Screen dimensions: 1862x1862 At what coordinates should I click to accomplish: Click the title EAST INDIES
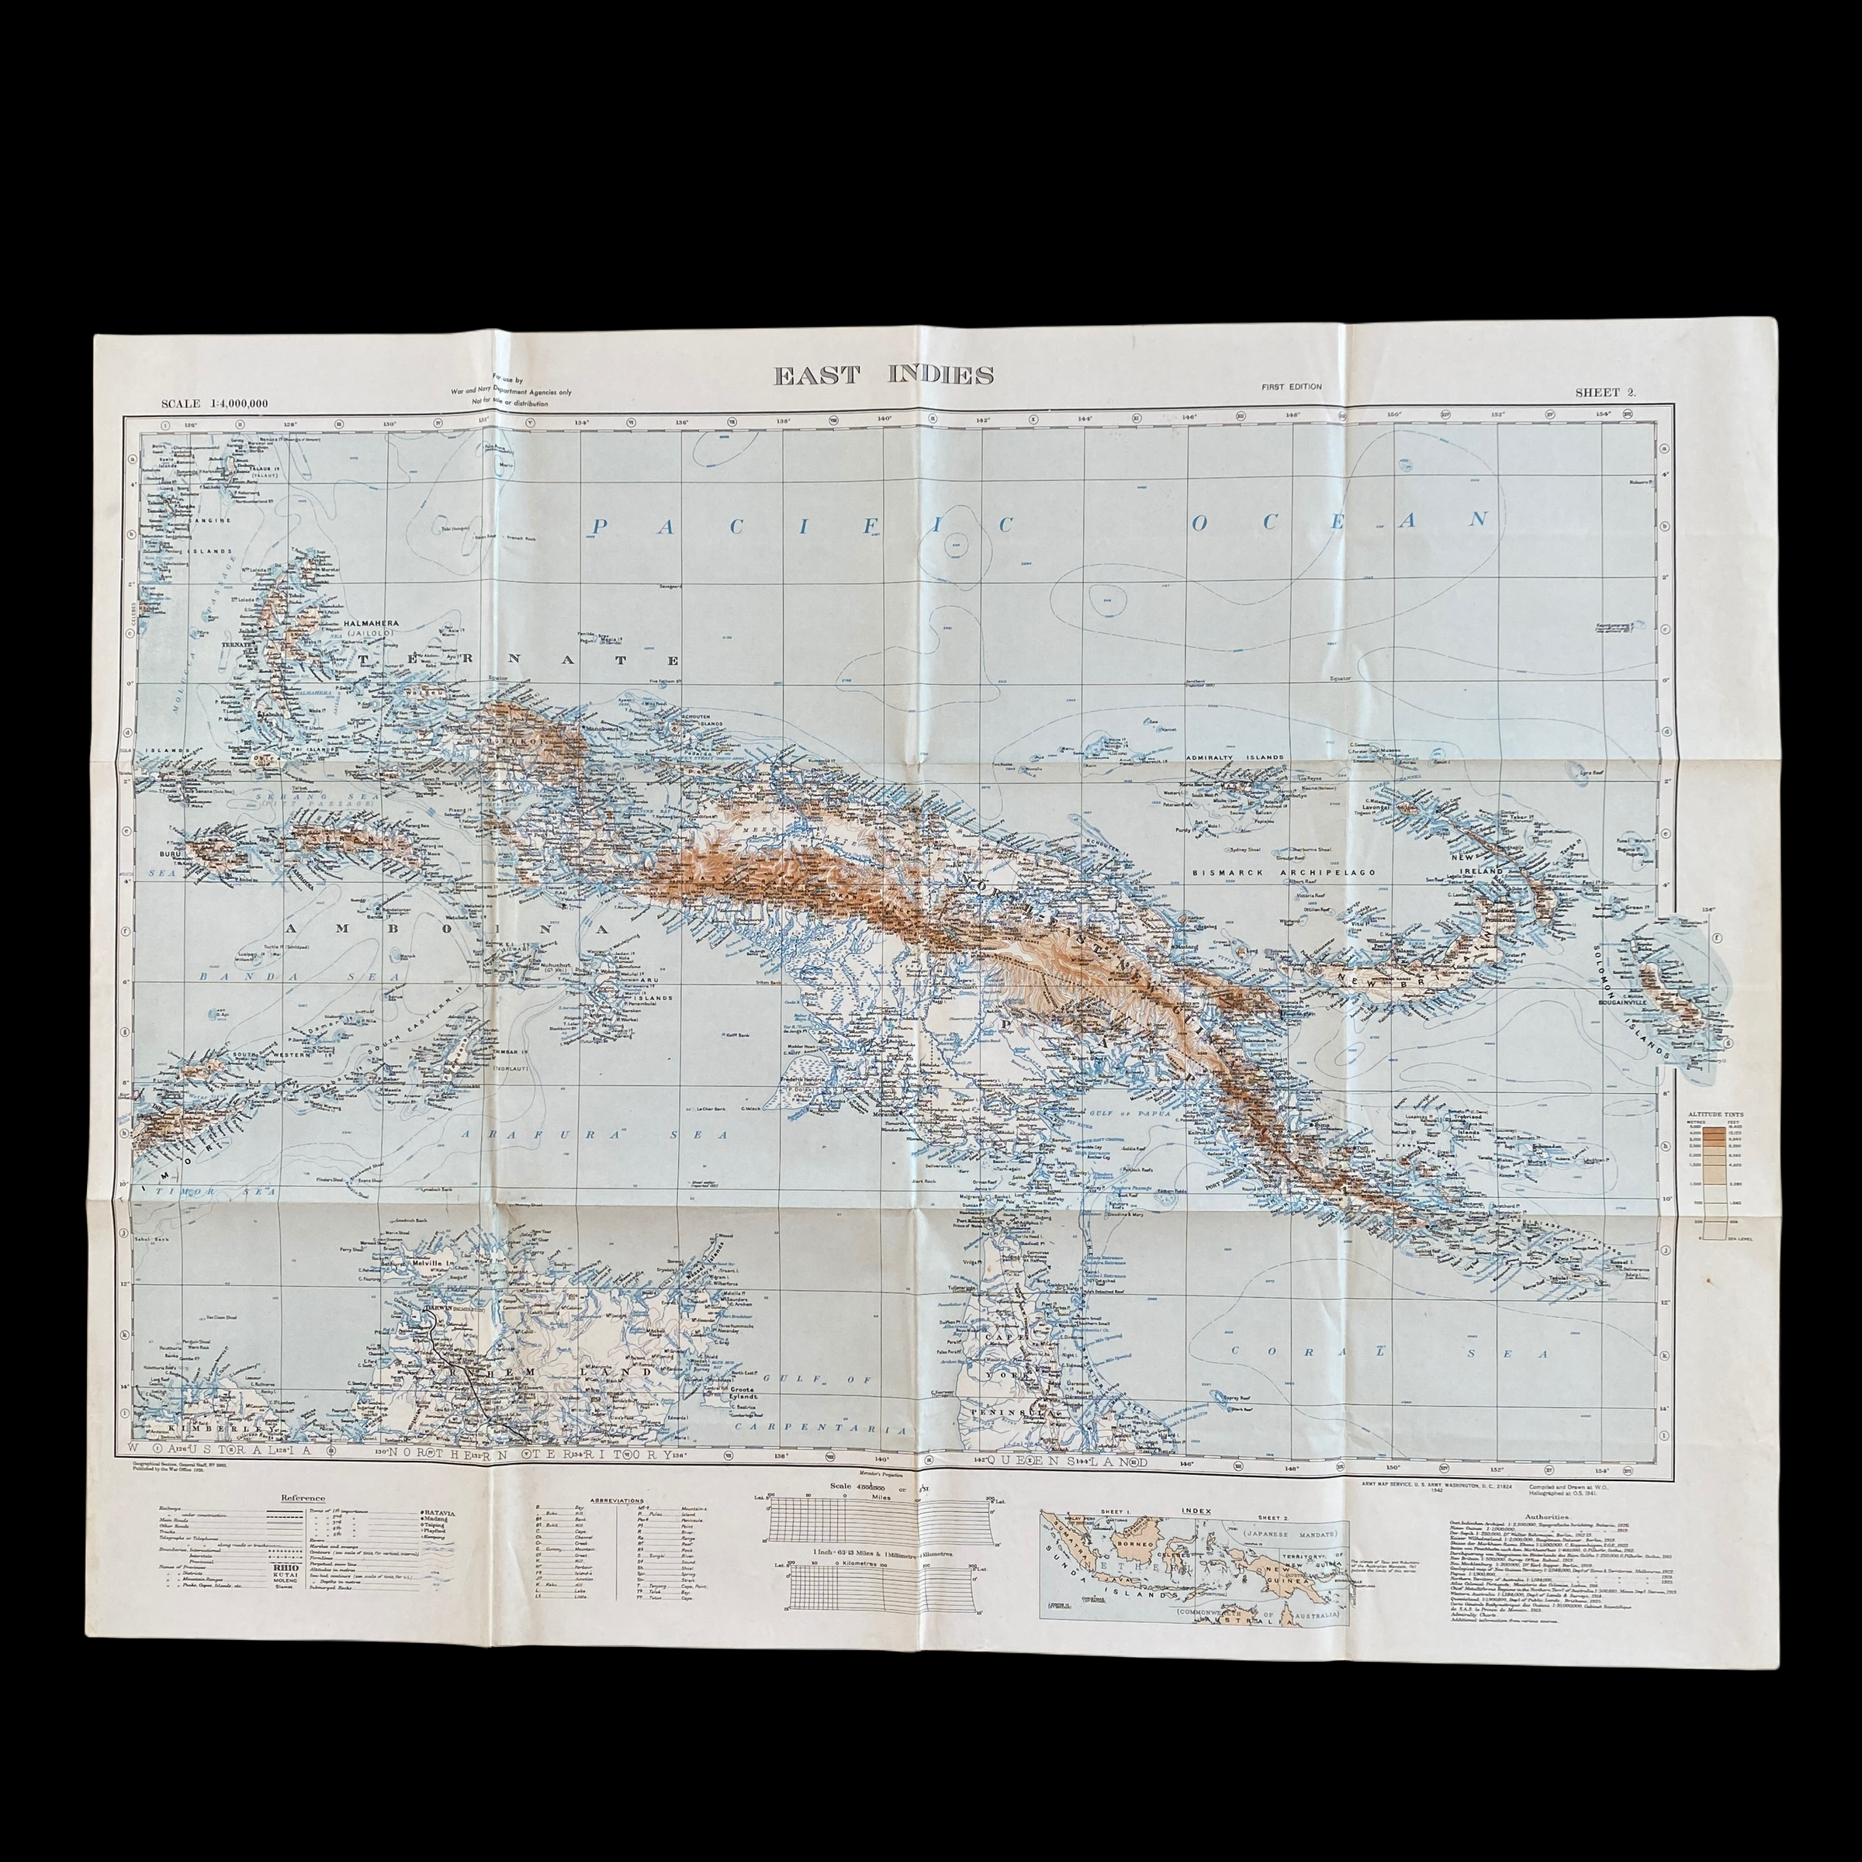point(884,376)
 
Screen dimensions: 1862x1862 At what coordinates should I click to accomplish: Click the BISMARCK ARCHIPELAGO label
point(1281,871)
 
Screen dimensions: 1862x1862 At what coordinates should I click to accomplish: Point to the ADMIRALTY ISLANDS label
point(1236,757)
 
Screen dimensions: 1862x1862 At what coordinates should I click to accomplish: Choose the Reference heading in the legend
point(302,1497)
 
